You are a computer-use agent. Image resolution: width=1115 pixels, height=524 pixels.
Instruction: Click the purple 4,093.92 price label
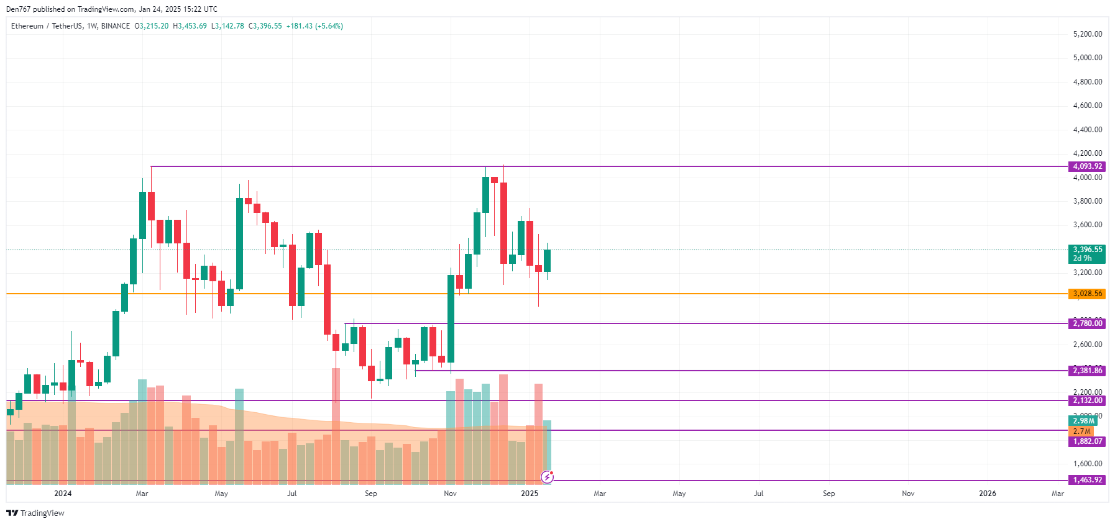[1087, 166]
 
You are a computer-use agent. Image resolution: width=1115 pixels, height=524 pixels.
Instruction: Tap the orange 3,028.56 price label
[1087, 294]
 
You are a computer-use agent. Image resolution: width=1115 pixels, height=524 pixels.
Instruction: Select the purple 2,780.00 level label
[1087, 323]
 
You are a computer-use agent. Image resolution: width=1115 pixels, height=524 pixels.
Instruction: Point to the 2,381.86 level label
[1087, 371]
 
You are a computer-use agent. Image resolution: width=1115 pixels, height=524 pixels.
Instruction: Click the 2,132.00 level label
[1087, 400]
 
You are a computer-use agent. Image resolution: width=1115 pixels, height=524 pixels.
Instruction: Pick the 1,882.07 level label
[1087, 441]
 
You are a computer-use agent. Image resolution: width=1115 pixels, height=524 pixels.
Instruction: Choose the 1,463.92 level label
[1087, 480]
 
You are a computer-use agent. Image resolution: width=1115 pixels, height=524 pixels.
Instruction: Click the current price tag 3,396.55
[1087, 250]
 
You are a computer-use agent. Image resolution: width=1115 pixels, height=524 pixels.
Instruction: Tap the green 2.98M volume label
[1083, 421]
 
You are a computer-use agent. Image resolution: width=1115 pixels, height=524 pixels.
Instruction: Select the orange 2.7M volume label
[1081, 431]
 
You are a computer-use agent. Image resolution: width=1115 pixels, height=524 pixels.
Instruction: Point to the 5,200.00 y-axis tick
[1087, 34]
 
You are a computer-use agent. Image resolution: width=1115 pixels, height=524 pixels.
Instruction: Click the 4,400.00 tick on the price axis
[1087, 130]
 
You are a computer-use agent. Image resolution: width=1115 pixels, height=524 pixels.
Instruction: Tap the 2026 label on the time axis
[987, 494]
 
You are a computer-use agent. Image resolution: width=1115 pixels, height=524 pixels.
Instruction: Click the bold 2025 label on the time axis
[530, 494]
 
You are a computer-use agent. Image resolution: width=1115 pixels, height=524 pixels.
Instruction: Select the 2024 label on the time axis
[63, 494]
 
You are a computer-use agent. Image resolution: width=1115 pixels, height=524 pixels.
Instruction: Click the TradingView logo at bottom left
[35, 513]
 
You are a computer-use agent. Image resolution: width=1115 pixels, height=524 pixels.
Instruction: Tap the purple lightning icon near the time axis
[547, 477]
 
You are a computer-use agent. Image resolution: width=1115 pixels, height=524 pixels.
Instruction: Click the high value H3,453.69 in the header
[190, 26]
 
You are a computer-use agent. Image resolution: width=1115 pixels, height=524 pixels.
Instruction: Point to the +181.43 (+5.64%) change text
[314, 26]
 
